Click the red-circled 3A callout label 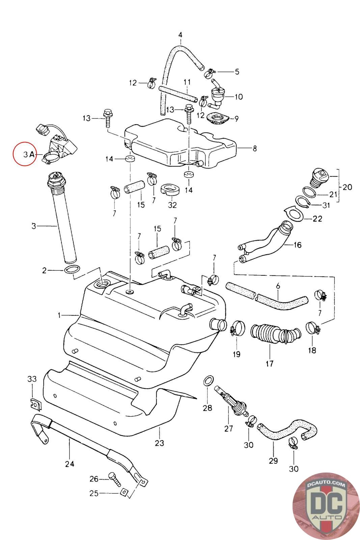point(29,154)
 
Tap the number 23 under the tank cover point(159,443)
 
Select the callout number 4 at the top point(180,35)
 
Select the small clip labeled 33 point(36,405)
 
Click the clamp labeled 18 point(313,328)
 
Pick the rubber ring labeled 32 point(170,190)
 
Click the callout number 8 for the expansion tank point(255,148)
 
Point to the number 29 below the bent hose point(273,461)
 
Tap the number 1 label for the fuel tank point(59,315)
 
